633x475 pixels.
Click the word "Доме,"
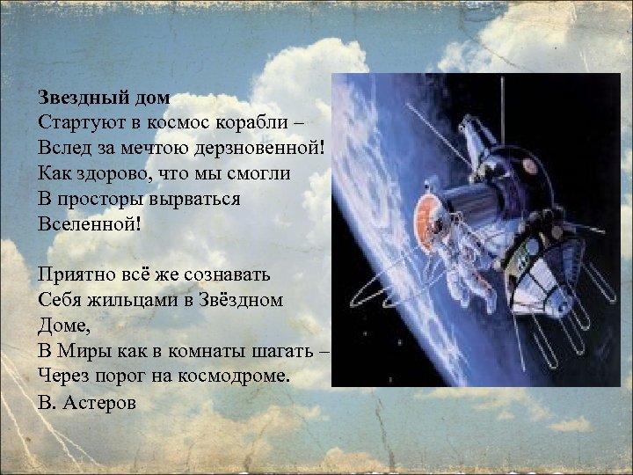(66, 325)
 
